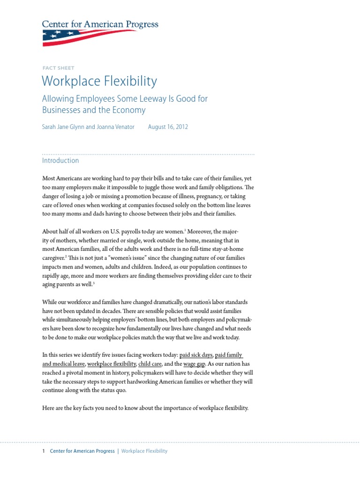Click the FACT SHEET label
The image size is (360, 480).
click(58, 68)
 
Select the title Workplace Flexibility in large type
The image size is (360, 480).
click(99, 81)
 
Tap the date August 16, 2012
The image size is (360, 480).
click(168, 127)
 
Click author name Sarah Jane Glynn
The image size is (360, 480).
click(63, 127)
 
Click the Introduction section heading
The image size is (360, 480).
click(60, 160)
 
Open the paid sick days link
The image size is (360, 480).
click(196, 355)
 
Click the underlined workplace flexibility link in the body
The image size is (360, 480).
click(112, 364)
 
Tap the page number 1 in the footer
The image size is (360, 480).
click(44, 451)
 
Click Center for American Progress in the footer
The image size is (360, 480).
click(82, 451)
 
